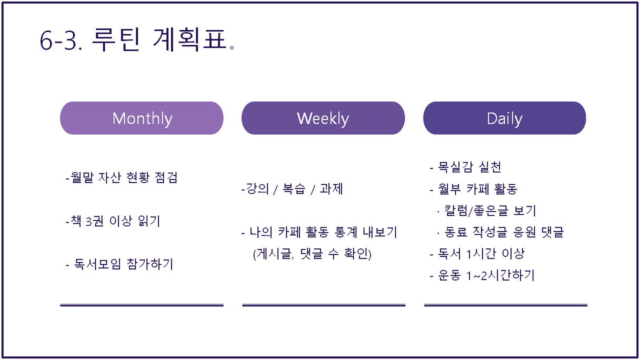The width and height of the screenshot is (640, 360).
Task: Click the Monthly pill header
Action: [142, 118]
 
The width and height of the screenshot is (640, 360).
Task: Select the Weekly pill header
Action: [323, 118]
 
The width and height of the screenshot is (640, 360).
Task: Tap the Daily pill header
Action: [505, 118]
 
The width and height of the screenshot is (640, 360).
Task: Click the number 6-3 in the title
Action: [61, 41]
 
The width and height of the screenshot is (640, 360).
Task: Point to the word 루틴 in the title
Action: [116, 39]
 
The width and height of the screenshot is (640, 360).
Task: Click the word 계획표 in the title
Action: [189, 39]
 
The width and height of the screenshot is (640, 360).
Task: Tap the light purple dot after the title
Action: [232, 47]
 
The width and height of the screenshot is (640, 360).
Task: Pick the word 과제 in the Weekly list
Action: [331, 188]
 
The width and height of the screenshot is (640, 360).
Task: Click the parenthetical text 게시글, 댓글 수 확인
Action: [312, 254]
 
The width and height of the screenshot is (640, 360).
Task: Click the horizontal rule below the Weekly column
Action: [324, 305]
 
